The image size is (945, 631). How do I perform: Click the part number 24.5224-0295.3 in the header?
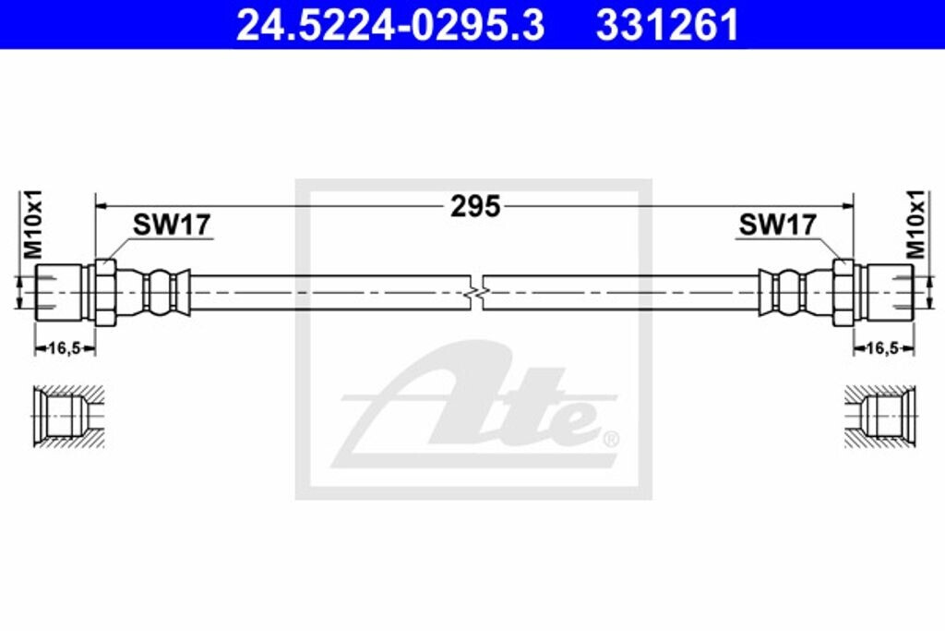click(x=389, y=26)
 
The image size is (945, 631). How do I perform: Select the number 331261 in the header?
click(x=667, y=26)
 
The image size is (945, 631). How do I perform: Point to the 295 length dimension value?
click(x=475, y=206)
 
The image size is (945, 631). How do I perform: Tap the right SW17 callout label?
click(x=777, y=224)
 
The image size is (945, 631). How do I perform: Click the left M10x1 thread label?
click(x=33, y=224)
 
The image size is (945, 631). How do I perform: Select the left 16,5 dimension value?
click(x=65, y=348)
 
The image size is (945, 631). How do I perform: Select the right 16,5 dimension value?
click(x=882, y=348)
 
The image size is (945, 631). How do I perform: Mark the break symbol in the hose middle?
click(x=474, y=292)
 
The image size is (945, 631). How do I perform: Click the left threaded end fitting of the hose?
click(x=62, y=292)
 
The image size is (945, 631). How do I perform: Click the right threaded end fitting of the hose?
click(x=886, y=292)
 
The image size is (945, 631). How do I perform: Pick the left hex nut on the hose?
click(x=105, y=292)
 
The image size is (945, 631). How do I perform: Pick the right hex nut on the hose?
click(x=843, y=292)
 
